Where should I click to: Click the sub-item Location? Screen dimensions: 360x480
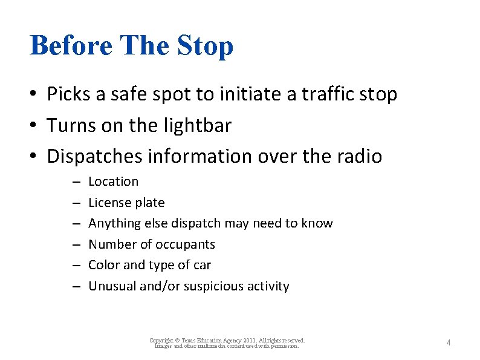pos(113,182)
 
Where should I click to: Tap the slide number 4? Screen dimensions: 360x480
pos(448,343)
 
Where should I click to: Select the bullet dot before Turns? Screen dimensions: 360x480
pos(37,126)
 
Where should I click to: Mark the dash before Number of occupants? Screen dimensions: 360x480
pos(77,244)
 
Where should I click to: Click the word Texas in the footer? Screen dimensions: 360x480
pos(185,341)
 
